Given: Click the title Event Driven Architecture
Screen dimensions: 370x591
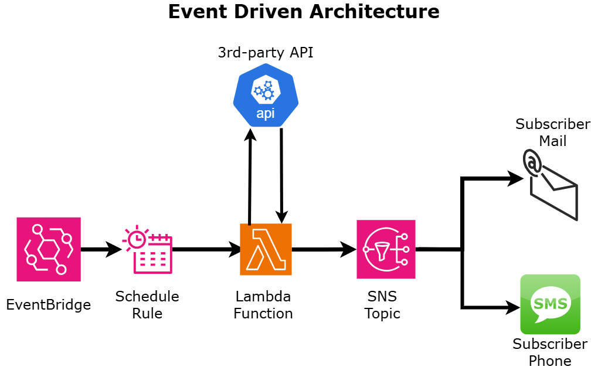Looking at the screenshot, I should (x=303, y=12).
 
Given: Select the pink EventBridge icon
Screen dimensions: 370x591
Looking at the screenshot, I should (x=49, y=249).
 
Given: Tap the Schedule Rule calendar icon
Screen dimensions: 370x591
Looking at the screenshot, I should (x=147, y=250).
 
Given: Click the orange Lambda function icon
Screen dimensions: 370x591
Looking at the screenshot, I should (x=266, y=249).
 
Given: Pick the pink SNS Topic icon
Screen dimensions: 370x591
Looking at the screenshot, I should (x=386, y=249).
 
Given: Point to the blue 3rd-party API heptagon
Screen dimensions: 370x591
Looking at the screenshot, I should (x=266, y=95).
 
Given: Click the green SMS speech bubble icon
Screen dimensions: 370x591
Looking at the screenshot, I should (x=550, y=304).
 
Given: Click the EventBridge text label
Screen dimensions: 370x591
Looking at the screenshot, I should (x=49, y=305).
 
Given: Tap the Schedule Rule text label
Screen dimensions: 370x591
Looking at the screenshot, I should (x=147, y=305).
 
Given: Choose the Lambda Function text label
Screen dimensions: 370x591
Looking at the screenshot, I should (x=263, y=305).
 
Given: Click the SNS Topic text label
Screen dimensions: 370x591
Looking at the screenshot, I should (x=382, y=305).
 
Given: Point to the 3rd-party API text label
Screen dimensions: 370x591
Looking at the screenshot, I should (x=266, y=53).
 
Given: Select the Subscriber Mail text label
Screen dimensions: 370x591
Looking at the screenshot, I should (x=552, y=133).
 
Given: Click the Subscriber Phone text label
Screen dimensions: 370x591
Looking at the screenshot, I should (x=550, y=352).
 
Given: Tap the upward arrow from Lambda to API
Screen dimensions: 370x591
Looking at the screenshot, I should (x=250, y=176).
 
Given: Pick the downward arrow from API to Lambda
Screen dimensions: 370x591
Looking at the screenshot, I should (x=282, y=176).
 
